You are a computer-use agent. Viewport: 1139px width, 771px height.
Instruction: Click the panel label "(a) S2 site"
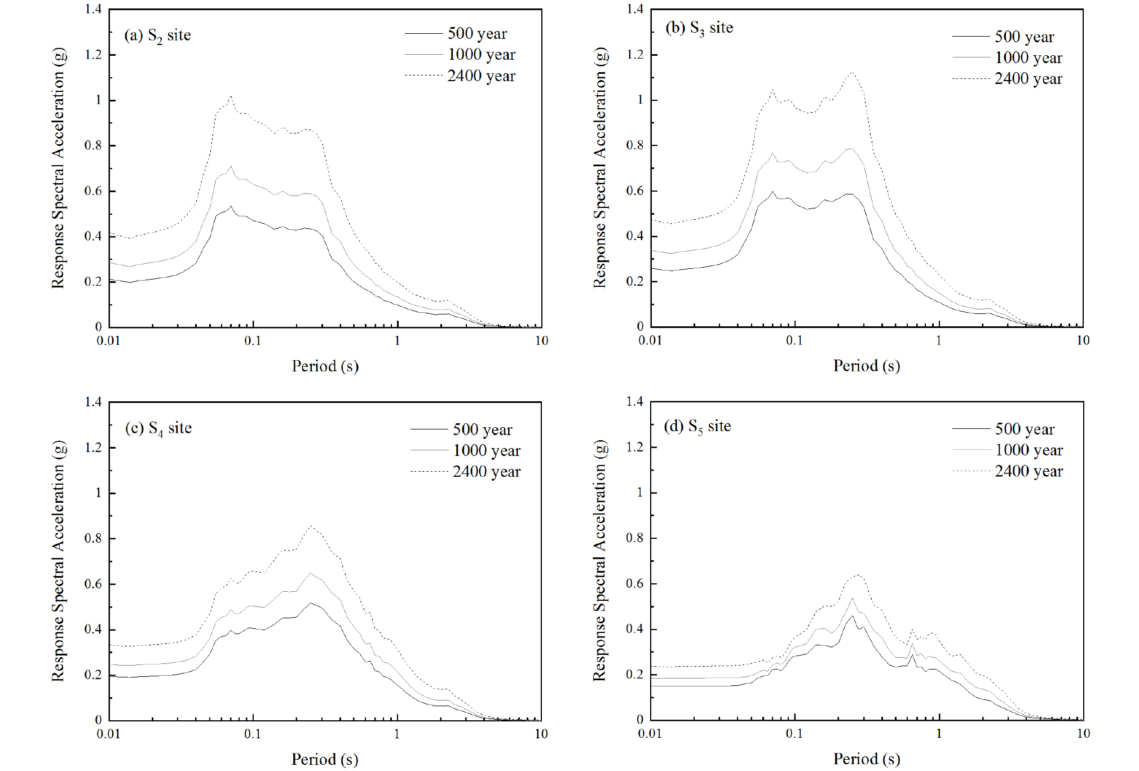157,36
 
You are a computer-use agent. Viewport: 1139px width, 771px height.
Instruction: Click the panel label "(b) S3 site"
699,28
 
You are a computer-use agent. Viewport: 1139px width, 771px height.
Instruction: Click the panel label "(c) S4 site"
158,428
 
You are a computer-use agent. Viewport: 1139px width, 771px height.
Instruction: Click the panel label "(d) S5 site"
697,426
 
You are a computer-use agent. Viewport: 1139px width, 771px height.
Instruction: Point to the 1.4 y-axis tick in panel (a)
94,9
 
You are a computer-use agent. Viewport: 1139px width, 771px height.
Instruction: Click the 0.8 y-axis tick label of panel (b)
635,145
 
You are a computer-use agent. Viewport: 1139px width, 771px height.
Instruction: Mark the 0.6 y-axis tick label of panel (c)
94,584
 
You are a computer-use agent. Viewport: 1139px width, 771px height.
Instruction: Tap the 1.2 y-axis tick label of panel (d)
635,447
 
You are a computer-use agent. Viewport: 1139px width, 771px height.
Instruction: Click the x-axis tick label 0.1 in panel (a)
253,340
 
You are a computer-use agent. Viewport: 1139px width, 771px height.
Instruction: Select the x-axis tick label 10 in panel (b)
1083,340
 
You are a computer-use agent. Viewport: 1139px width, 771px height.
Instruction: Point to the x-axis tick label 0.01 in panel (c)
108,734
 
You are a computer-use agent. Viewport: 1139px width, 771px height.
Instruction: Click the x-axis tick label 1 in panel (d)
939,734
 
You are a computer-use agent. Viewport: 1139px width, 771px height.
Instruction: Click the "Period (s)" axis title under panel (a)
325,366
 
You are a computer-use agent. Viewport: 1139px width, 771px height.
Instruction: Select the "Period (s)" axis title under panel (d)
867,759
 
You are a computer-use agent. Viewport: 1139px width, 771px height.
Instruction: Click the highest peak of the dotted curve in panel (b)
852,72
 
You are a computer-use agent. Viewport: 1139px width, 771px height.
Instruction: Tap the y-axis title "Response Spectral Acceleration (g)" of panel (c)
58,561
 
